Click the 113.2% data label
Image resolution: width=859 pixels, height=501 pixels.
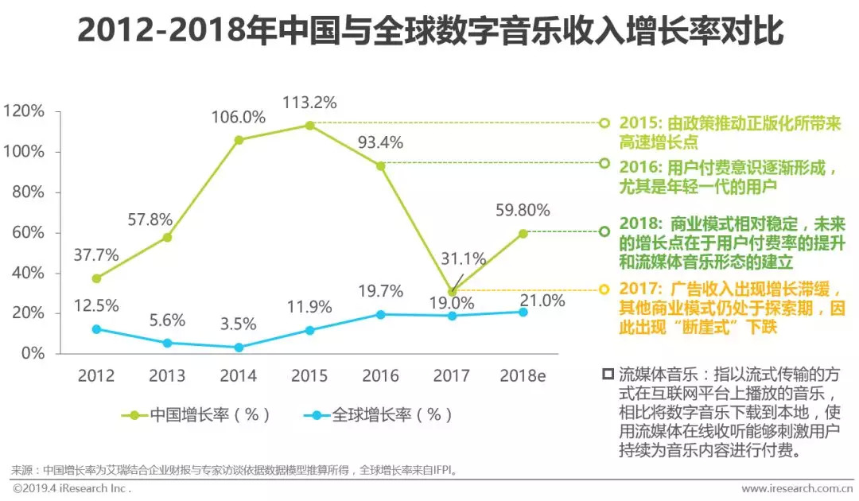pyautogui.click(x=310, y=103)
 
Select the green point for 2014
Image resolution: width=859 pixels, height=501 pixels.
pyautogui.click(x=239, y=140)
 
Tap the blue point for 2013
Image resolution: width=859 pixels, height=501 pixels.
pyautogui.click(x=168, y=343)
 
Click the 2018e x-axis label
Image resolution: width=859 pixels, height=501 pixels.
pyautogui.click(x=522, y=375)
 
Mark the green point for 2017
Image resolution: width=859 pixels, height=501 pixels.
pyautogui.click(x=453, y=292)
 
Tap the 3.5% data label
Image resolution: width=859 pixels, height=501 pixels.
pyautogui.click(x=239, y=324)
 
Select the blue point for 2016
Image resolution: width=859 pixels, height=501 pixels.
pyautogui.click(x=381, y=314)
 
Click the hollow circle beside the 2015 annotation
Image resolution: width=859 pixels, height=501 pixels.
pyautogui.click(x=604, y=123)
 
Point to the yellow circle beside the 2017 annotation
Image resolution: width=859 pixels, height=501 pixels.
pyautogui.click(x=604, y=289)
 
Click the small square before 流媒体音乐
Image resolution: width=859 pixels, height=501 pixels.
pyautogui.click(x=608, y=372)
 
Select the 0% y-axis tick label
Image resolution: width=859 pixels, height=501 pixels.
pyautogui.click(x=33, y=353)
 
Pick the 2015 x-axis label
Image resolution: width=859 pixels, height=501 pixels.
pyautogui.click(x=309, y=375)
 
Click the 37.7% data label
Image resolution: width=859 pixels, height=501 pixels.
pyautogui.click(x=95, y=255)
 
